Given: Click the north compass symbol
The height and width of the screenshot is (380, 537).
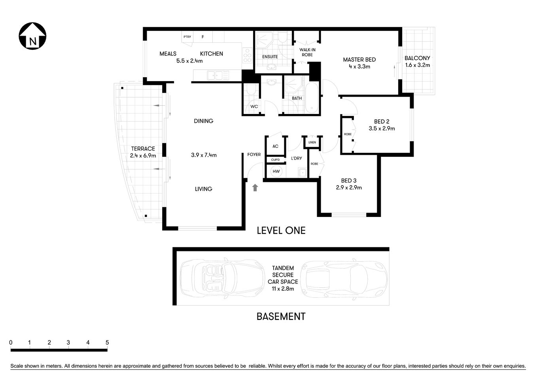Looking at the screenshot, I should (33, 36).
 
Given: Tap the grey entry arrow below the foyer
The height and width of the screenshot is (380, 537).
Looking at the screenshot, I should (255, 188).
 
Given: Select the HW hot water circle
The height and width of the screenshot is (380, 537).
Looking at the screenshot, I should (276, 171).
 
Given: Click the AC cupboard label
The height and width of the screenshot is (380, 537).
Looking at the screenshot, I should (275, 146).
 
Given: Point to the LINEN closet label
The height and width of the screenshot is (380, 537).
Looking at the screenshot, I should (312, 142).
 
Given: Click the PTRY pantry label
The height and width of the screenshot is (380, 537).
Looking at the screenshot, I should (187, 37).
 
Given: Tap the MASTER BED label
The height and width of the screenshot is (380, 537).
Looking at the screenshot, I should (359, 60).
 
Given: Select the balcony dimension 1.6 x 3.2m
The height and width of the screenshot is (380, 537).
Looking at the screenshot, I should (417, 65).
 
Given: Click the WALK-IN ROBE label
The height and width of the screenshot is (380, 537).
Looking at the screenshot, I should (307, 52).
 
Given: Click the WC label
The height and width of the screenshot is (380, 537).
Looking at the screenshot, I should (254, 106).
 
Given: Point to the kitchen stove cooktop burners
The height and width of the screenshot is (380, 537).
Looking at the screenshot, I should (248, 55).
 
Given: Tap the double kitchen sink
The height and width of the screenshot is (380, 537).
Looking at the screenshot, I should (216, 74).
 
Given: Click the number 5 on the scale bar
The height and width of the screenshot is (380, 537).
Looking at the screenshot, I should (107, 342).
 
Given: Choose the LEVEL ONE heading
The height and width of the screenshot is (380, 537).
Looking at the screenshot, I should (281, 230).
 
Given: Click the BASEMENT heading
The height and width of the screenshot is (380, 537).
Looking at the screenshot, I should (281, 317).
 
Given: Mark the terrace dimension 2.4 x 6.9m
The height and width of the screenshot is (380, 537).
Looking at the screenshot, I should (143, 156).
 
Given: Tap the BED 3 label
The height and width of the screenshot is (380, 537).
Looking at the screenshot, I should (349, 180).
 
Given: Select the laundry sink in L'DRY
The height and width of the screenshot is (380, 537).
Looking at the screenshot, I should (303, 172).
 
